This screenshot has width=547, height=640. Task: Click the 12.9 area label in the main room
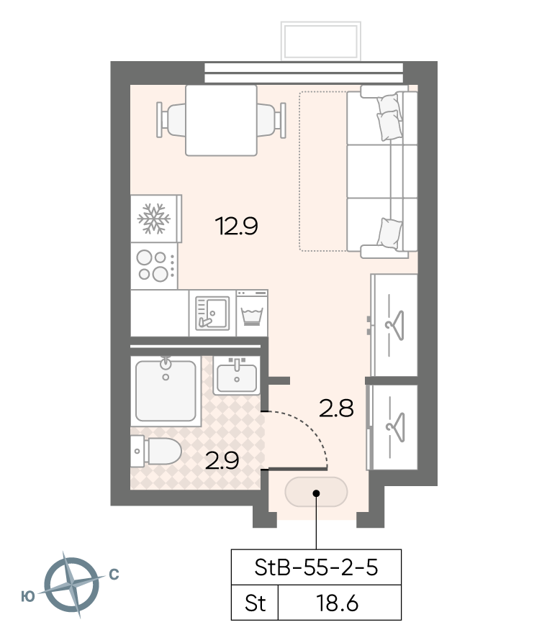pos(237,226)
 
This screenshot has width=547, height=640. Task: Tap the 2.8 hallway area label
pos(336,408)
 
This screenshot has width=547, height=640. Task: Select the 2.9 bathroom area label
pos(222,461)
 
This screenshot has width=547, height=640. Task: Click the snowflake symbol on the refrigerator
pos(153,219)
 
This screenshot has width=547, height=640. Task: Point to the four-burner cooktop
pos(155,266)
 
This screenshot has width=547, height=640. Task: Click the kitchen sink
pos(212,313)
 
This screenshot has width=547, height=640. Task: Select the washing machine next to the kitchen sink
pos(252,314)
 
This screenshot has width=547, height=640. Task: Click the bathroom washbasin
pos(237,376)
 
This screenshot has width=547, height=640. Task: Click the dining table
pos(221,120)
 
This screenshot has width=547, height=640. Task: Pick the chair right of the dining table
pos(271,120)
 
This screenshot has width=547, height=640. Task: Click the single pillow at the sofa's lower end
pos(389,233)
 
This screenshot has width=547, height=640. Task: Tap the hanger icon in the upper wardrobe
pos(395,325)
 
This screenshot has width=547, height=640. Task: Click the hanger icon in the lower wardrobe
pos(395,427)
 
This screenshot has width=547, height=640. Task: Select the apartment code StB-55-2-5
pos(316,567)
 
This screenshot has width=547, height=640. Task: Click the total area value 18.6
pos(338,603)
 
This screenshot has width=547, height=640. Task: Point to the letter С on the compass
pos(114,575)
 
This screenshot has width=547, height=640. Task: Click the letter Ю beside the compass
pos(28,597)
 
